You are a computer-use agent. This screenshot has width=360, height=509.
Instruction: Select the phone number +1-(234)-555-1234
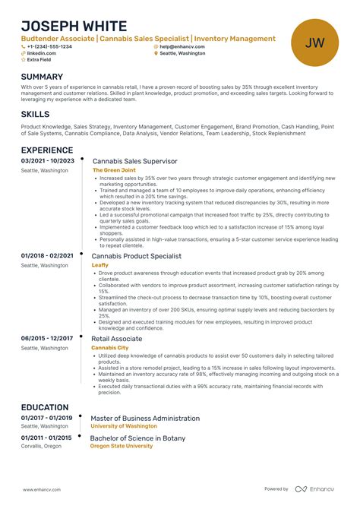point(49,46)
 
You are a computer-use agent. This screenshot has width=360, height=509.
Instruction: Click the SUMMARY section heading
point(42,77)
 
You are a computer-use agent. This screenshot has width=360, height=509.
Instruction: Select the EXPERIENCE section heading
point(47,150)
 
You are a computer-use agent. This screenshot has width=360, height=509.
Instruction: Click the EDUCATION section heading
point(46,407)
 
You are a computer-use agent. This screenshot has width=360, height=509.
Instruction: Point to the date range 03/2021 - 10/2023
point(48,161)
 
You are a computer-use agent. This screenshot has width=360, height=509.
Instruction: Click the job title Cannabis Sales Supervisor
point(134,161)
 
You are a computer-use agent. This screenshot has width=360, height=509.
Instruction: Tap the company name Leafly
point(100,265)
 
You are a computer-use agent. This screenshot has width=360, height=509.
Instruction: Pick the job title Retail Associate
point(117,338)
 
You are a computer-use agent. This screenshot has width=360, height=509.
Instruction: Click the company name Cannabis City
point(109,347)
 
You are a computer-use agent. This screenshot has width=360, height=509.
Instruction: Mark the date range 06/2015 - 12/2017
point(47,338)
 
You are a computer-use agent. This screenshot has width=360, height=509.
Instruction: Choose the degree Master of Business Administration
point(145,418)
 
